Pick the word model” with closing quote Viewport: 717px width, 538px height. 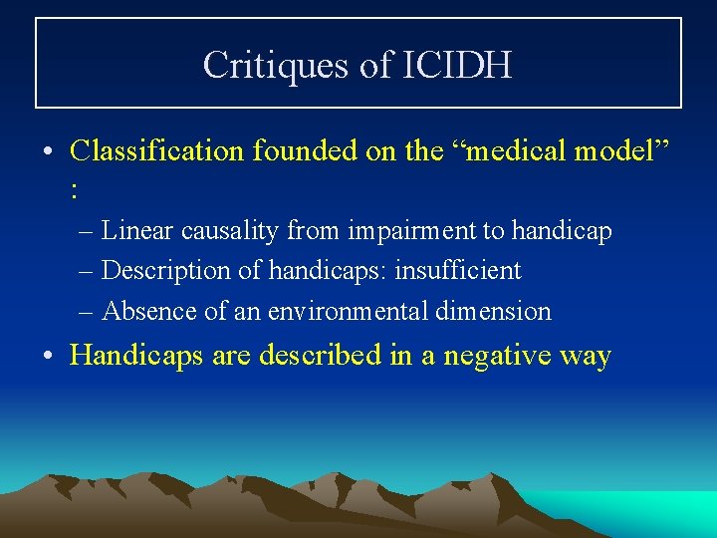618,151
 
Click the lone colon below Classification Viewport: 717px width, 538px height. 76,188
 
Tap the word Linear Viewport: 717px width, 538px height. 138,231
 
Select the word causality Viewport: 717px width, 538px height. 231,231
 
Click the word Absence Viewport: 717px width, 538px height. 149,311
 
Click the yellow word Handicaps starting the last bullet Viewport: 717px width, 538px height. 138,356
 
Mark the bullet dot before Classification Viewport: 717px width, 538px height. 49,152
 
